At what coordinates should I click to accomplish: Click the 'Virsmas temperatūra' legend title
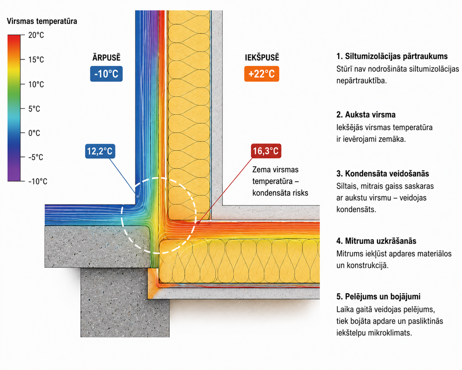click(x=42, y=21)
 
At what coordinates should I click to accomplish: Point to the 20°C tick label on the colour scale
click(x=36, y=35)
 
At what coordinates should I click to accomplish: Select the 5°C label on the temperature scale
click(x=34, y=109)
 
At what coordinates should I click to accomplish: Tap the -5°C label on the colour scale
click(x=36, y=157)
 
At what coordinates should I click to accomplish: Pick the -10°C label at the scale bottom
click(x=38, y=181)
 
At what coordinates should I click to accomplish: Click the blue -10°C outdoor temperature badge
click(x=106, y=74)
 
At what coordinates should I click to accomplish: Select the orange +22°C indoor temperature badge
click(x=261, y=74)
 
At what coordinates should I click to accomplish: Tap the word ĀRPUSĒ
click(x=106, y=57)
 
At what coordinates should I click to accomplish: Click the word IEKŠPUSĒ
click(x=262, y=57)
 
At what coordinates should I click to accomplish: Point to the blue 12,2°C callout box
click(x=100, y=151)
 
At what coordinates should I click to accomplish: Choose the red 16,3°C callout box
click(x=266, y=151)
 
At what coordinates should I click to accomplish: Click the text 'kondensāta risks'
click(x=280, y=193)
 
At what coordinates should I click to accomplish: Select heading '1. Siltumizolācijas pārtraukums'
click(x=392, y=56)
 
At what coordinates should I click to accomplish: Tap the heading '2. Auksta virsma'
click(x=366, y=115)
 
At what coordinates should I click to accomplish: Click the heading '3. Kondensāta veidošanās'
click(x=383, y=173)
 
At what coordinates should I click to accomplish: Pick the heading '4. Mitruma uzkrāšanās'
click(x=376, y=241)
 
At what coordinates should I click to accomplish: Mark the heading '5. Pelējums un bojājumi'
click(x=378, y=297)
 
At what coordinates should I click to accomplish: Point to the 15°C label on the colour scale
click(x=36, y=60)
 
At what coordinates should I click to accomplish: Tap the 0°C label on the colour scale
click(x=34, y=133)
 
